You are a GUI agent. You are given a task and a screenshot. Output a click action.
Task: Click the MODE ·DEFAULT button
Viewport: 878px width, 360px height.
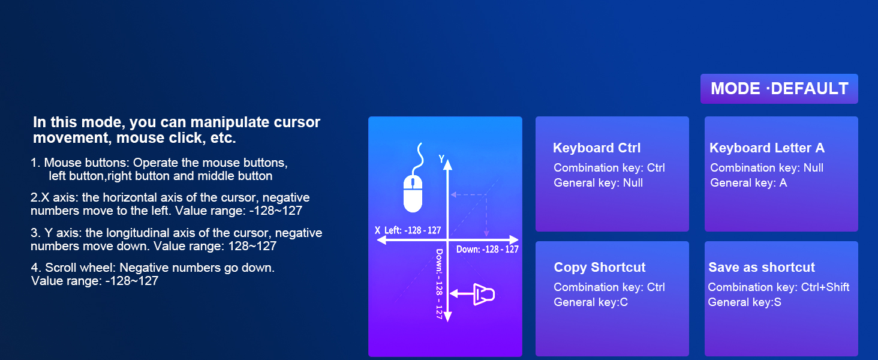point(779,89)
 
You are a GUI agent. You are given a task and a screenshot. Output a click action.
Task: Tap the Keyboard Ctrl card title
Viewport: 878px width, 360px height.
point(597,148)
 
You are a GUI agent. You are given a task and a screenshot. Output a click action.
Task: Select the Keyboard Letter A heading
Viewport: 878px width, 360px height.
point(767,148)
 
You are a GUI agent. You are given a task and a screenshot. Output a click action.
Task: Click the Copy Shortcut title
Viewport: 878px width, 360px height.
point(599,268)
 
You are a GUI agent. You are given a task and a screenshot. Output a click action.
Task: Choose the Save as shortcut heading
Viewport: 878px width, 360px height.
point(762,268)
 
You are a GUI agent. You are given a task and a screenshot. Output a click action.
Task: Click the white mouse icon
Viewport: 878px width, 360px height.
point(414,193)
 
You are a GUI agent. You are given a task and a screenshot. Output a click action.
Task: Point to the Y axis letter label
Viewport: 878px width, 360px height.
point(442,159)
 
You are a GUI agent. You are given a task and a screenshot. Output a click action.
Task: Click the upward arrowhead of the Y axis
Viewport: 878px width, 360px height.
point(447,165)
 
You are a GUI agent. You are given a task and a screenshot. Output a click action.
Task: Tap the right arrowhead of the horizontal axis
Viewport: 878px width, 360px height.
point(513,239)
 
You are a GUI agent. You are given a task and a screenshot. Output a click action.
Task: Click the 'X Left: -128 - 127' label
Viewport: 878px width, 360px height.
point(408,230)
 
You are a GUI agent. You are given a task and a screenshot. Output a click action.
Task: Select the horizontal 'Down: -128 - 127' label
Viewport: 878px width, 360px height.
point(487,250)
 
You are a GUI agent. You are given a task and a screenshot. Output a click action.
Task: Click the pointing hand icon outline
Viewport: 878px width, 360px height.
point(485,294)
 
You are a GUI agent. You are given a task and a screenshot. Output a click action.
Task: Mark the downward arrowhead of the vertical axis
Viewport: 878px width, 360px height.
point(447,317)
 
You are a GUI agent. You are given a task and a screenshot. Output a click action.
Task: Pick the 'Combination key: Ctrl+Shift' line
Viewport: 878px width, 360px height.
point(778,287)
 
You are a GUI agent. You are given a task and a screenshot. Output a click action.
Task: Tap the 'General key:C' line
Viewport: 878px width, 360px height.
point(591,302)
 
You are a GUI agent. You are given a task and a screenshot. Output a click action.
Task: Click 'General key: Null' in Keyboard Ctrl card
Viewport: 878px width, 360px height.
point(598,183)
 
